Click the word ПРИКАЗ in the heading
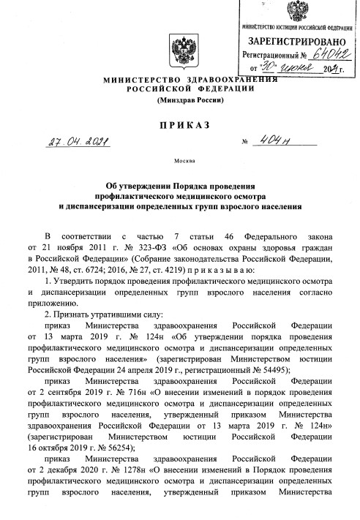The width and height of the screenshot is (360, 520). click(x=179, y=125)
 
